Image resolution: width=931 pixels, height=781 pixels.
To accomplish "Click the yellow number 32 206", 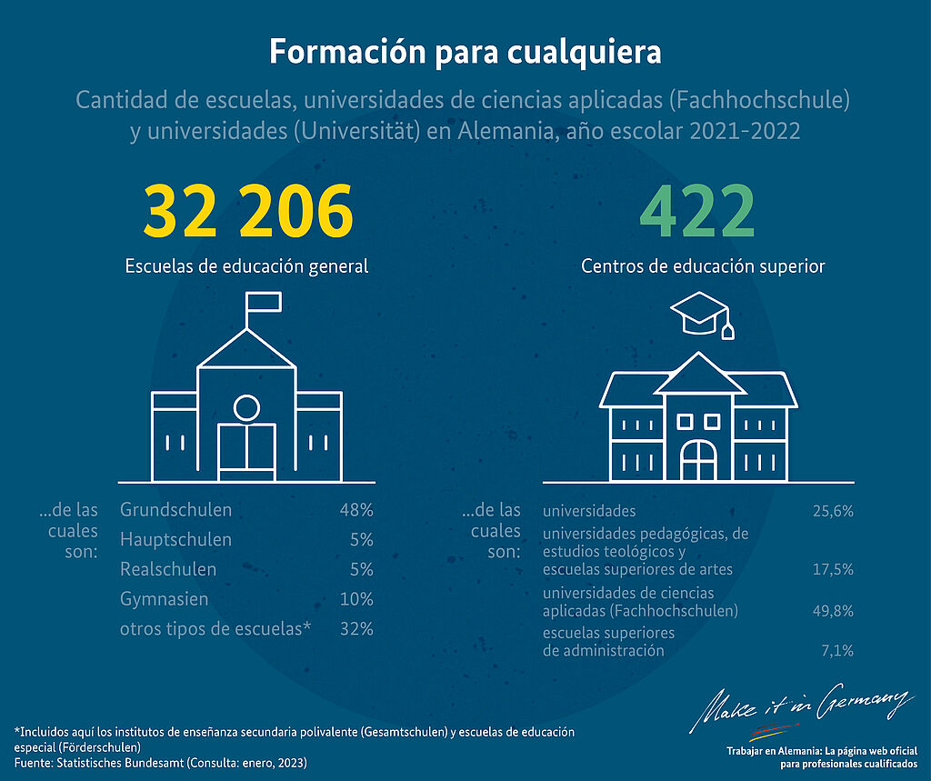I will point(247,211).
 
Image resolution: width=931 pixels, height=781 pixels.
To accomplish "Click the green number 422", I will point(698,211).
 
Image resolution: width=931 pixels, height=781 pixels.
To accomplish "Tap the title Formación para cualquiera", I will point(465,52).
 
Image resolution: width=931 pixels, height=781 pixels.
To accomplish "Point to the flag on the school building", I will point(263,301).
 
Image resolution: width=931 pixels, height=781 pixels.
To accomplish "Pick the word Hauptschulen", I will point(175,540).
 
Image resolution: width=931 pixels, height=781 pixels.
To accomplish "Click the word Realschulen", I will point(168,570).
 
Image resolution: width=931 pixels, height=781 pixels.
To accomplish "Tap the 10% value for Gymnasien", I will point(355,600).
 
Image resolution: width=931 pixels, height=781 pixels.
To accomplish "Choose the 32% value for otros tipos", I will point(355,629).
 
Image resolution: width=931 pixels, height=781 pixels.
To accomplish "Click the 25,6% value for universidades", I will point(833,511).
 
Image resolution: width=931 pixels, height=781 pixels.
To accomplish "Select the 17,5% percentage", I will point(833,569).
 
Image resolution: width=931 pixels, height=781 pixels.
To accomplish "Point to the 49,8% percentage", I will point(833,611).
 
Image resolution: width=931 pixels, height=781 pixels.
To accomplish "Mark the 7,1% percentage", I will point(836,651).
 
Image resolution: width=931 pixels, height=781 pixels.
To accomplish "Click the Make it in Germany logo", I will point(802,707).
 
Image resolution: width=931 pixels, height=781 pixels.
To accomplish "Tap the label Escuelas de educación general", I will point(246,266).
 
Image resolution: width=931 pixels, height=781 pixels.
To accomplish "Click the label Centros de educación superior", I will point(703,266).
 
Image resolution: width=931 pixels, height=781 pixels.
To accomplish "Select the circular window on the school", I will point(246,407).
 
